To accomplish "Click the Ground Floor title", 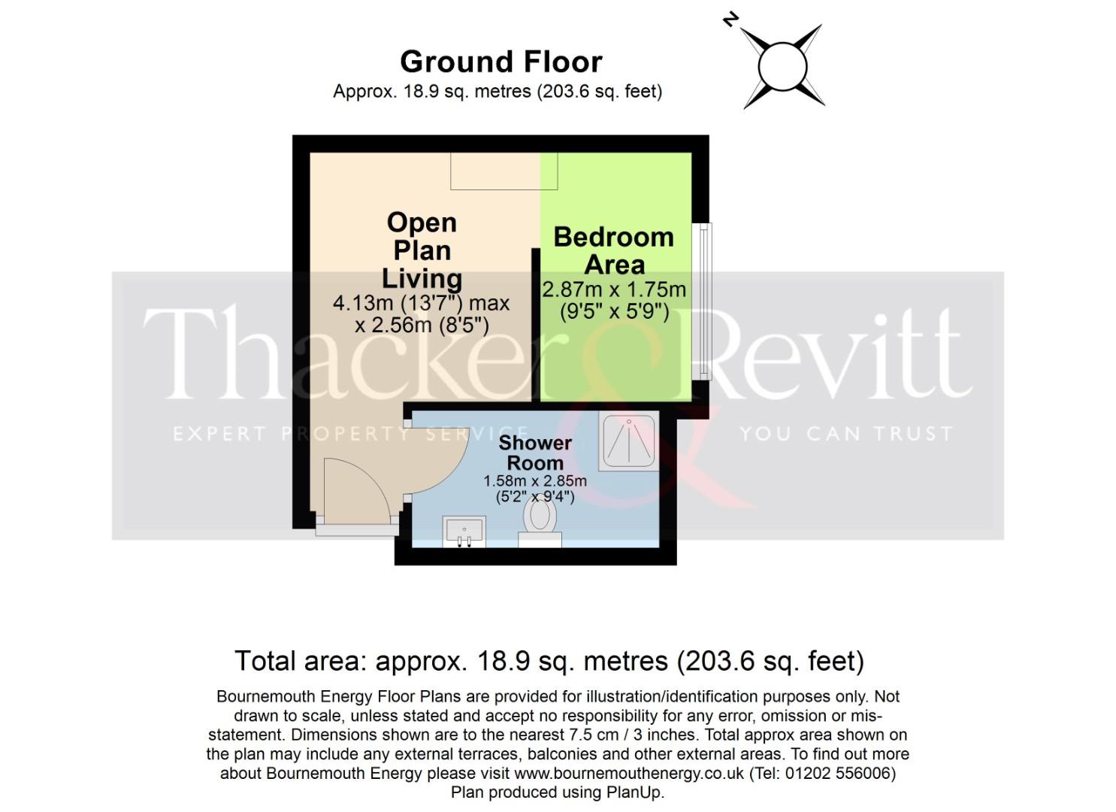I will [501, 62].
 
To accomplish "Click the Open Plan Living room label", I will [422, 250].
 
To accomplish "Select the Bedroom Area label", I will [614, 250].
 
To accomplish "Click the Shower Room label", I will [535, 453].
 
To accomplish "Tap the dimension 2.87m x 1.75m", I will [614, 289].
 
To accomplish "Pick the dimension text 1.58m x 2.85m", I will [535, 481].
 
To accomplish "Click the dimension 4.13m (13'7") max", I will [422, 304].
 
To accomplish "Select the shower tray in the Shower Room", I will [629, 441].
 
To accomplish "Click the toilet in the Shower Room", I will [540, 521].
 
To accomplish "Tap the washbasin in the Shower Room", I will [464, 532].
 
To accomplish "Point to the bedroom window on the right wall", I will [703, 301].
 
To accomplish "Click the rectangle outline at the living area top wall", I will [504, 171].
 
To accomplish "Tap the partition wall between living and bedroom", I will [537, 323].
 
